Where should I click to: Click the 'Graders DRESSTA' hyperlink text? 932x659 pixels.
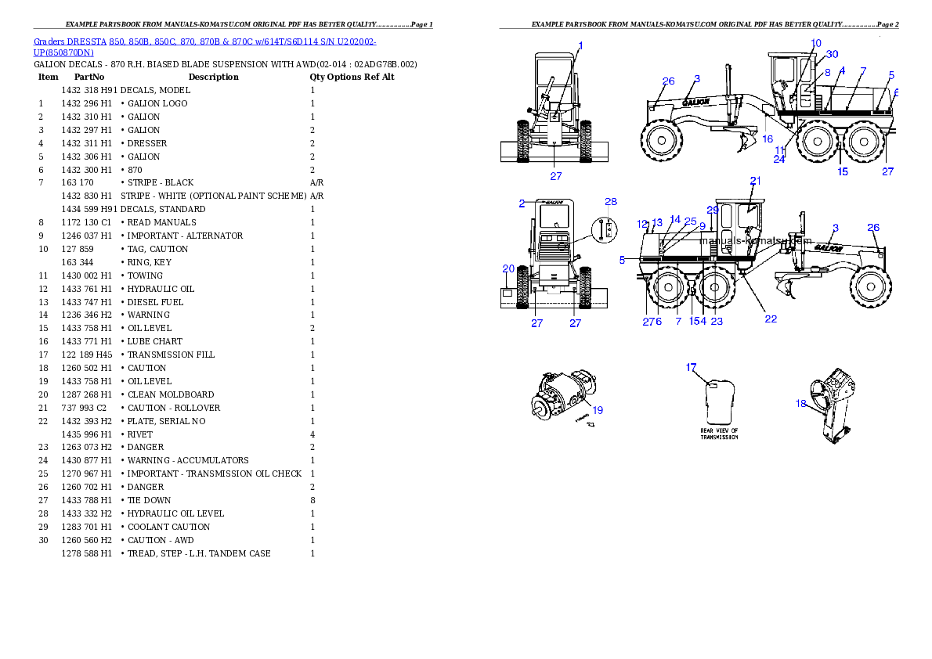coord(70,41)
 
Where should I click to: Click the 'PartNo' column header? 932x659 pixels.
coord(89,77)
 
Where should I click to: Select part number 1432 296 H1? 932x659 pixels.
coord(86,103)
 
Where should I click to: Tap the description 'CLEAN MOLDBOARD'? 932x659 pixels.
coord(171,394)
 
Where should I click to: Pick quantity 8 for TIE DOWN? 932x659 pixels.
coord(312,500)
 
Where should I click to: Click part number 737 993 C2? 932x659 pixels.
coord(84,409)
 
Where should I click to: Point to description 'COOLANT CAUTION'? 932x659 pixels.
coord(169,527)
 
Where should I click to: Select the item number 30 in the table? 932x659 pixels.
coord(43,540)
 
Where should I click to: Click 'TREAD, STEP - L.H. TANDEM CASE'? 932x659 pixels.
coord(199,554)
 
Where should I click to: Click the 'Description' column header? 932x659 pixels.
coord(213,77)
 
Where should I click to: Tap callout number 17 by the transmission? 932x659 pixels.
coord(691,367)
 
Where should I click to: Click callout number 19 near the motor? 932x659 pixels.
coord(598,410)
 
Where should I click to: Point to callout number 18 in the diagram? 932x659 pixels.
coord(800,404)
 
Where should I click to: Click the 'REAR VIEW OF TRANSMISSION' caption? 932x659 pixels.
coord(719,434)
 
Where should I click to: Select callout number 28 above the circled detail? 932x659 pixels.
coord(611,201)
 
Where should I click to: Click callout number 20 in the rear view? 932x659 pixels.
coord(508,268)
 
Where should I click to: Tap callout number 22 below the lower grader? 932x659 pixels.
coord(771,319)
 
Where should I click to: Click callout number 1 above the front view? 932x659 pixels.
coord(580,45)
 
